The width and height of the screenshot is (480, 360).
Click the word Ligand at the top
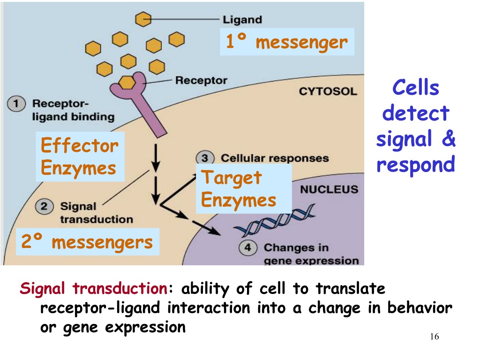coord(242,20)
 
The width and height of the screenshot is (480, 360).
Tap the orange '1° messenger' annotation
coord(287,42)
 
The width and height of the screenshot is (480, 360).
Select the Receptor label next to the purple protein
coord(201,81)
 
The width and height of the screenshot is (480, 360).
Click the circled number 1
coord(16,104)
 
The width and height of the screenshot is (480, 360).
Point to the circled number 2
coord(45,206)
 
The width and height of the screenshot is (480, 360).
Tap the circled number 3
coord(205,158)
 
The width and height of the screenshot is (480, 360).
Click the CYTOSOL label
coord(328,91)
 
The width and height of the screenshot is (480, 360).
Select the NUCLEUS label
coord(329,189)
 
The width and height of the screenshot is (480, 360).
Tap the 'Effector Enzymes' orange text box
coord(80,157)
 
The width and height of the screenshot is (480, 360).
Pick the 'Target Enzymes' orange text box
coord(244,189)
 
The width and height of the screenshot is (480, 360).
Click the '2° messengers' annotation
coord(88,242)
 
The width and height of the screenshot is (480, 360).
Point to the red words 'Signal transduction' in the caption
coord(94,289)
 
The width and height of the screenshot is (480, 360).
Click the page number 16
coord(435,337)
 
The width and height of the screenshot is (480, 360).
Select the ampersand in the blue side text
coord(449,138)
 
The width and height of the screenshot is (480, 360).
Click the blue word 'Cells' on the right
coord(416,88)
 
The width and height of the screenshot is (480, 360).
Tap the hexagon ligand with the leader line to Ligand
coord(143,19)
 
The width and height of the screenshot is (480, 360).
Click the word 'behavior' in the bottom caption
coord(420,308)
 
